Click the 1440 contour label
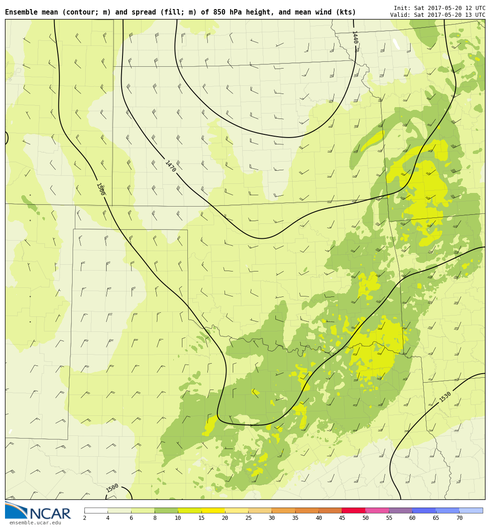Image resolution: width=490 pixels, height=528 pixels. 355,37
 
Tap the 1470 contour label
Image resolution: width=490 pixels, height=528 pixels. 171,166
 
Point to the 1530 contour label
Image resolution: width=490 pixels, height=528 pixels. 446,397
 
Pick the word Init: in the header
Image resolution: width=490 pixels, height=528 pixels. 402,8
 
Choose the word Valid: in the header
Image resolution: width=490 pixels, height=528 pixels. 401,15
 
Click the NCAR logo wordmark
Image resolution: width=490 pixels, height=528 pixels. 50,514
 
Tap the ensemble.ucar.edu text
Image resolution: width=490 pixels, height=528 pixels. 35,523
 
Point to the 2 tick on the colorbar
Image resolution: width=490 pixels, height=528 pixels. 84,518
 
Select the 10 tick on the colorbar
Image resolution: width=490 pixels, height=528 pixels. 178,518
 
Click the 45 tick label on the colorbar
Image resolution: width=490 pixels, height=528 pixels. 342,518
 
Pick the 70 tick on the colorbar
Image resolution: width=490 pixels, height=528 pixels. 459,518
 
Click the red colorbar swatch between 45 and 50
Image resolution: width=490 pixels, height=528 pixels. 353,510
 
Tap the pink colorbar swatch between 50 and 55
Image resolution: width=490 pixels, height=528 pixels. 377,510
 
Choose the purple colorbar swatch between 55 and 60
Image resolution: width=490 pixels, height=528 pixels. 400,510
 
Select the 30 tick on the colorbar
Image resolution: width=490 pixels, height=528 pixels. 271,518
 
